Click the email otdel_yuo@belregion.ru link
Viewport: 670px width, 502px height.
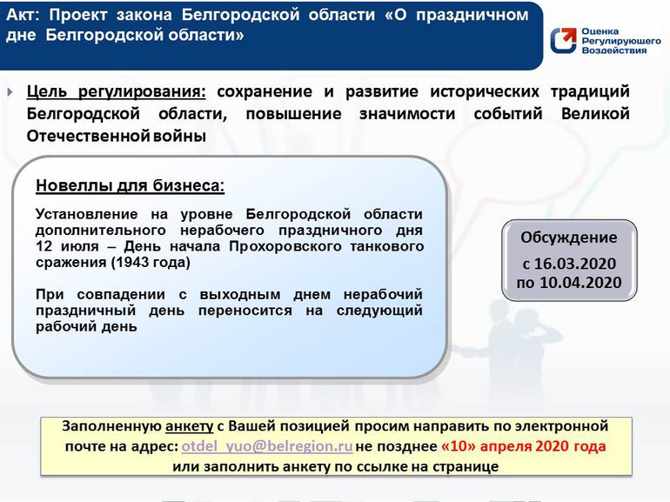[266, 446]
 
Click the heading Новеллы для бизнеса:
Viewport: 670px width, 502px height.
[130, 186]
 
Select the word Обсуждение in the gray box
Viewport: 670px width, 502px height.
[568, 238]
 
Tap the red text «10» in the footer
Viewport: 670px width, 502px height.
[459, 446]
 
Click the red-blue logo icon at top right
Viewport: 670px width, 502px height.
[562, 41]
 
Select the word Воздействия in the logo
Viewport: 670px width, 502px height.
[613, 50]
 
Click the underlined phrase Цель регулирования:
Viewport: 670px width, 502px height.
[117, 92]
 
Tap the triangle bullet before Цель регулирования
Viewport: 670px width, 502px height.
[10, 92]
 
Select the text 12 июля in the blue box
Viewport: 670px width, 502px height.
[63, 246]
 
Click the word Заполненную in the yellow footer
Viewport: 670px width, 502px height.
[111, 426]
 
